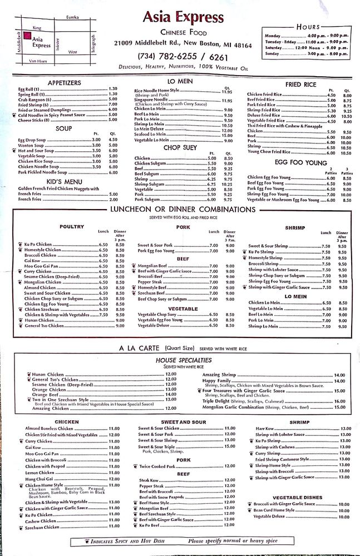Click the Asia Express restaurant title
pos(183,17)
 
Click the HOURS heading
pos(308,27)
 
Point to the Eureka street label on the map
pos(72,17)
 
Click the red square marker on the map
pos(26,38)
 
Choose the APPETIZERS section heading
pos(64,83)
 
